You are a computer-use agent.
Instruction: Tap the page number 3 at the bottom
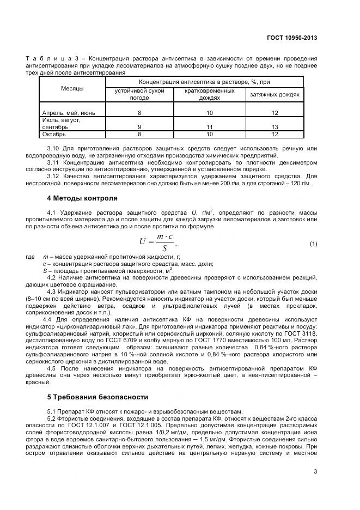[x=315, y=472]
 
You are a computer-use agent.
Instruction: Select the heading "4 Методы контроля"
[x=82, y=198]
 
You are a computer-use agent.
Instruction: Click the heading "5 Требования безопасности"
[x=97, y=397]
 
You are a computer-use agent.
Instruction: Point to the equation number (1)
[x=313, y=244]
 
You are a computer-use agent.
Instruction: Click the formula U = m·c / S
[x=158, y=242]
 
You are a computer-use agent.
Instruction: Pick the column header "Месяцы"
[x=72, y=88]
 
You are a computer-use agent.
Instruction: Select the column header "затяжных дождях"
[x=274, y=94]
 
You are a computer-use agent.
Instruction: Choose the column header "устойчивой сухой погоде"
[x=139, y=94]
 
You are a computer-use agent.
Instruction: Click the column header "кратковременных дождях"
[x=209, y=94]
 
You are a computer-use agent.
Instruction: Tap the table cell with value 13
[x=274, y=126]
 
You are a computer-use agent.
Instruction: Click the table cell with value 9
[x=139, y=126]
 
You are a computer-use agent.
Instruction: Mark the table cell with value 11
[x=209, y=126]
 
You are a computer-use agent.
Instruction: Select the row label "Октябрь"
[x=54, y=133]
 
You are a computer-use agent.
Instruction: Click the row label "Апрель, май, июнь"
[x=69, y=113]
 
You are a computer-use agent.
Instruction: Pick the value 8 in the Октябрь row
[x=139, y=133]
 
